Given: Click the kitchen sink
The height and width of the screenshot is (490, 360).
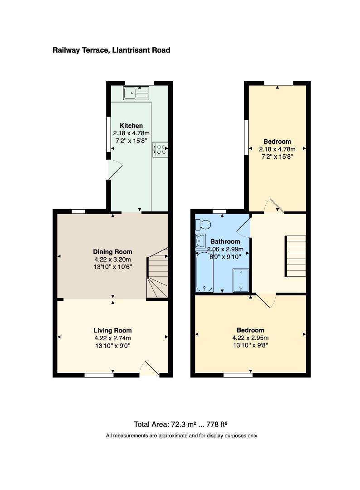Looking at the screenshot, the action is pos(136,93).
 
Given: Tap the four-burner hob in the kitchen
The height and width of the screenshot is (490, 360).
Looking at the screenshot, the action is pos(160,149).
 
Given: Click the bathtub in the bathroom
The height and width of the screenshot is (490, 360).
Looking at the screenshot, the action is pos(204,272).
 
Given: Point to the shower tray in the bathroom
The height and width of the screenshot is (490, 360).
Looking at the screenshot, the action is pos(241,280).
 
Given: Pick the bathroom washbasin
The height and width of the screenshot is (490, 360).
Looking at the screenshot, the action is pos(200,241).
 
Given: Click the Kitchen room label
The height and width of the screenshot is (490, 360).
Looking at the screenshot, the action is pos(131,126).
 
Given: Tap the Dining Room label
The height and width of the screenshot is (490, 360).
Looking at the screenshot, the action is pos(113,251).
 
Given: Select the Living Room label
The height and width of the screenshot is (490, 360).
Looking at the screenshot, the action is pos(113,330).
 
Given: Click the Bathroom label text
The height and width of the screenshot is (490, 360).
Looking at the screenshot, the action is pos(225,241).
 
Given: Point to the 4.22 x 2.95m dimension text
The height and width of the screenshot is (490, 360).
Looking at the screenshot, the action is pos(250,338).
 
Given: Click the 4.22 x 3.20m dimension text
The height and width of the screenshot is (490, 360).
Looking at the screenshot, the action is pos(113,260).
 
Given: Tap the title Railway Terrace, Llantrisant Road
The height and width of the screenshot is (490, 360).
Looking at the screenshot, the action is pos(112,50).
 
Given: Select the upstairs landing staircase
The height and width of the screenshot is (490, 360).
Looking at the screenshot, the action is pos(295,256).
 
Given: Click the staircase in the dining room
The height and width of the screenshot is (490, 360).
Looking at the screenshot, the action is pos(157,273).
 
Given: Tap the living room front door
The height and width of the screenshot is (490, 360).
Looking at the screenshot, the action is pos(150,369).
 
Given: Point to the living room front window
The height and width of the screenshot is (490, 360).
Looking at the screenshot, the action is pos(99,375).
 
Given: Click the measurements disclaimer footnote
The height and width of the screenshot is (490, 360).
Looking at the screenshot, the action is pos(181,436).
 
